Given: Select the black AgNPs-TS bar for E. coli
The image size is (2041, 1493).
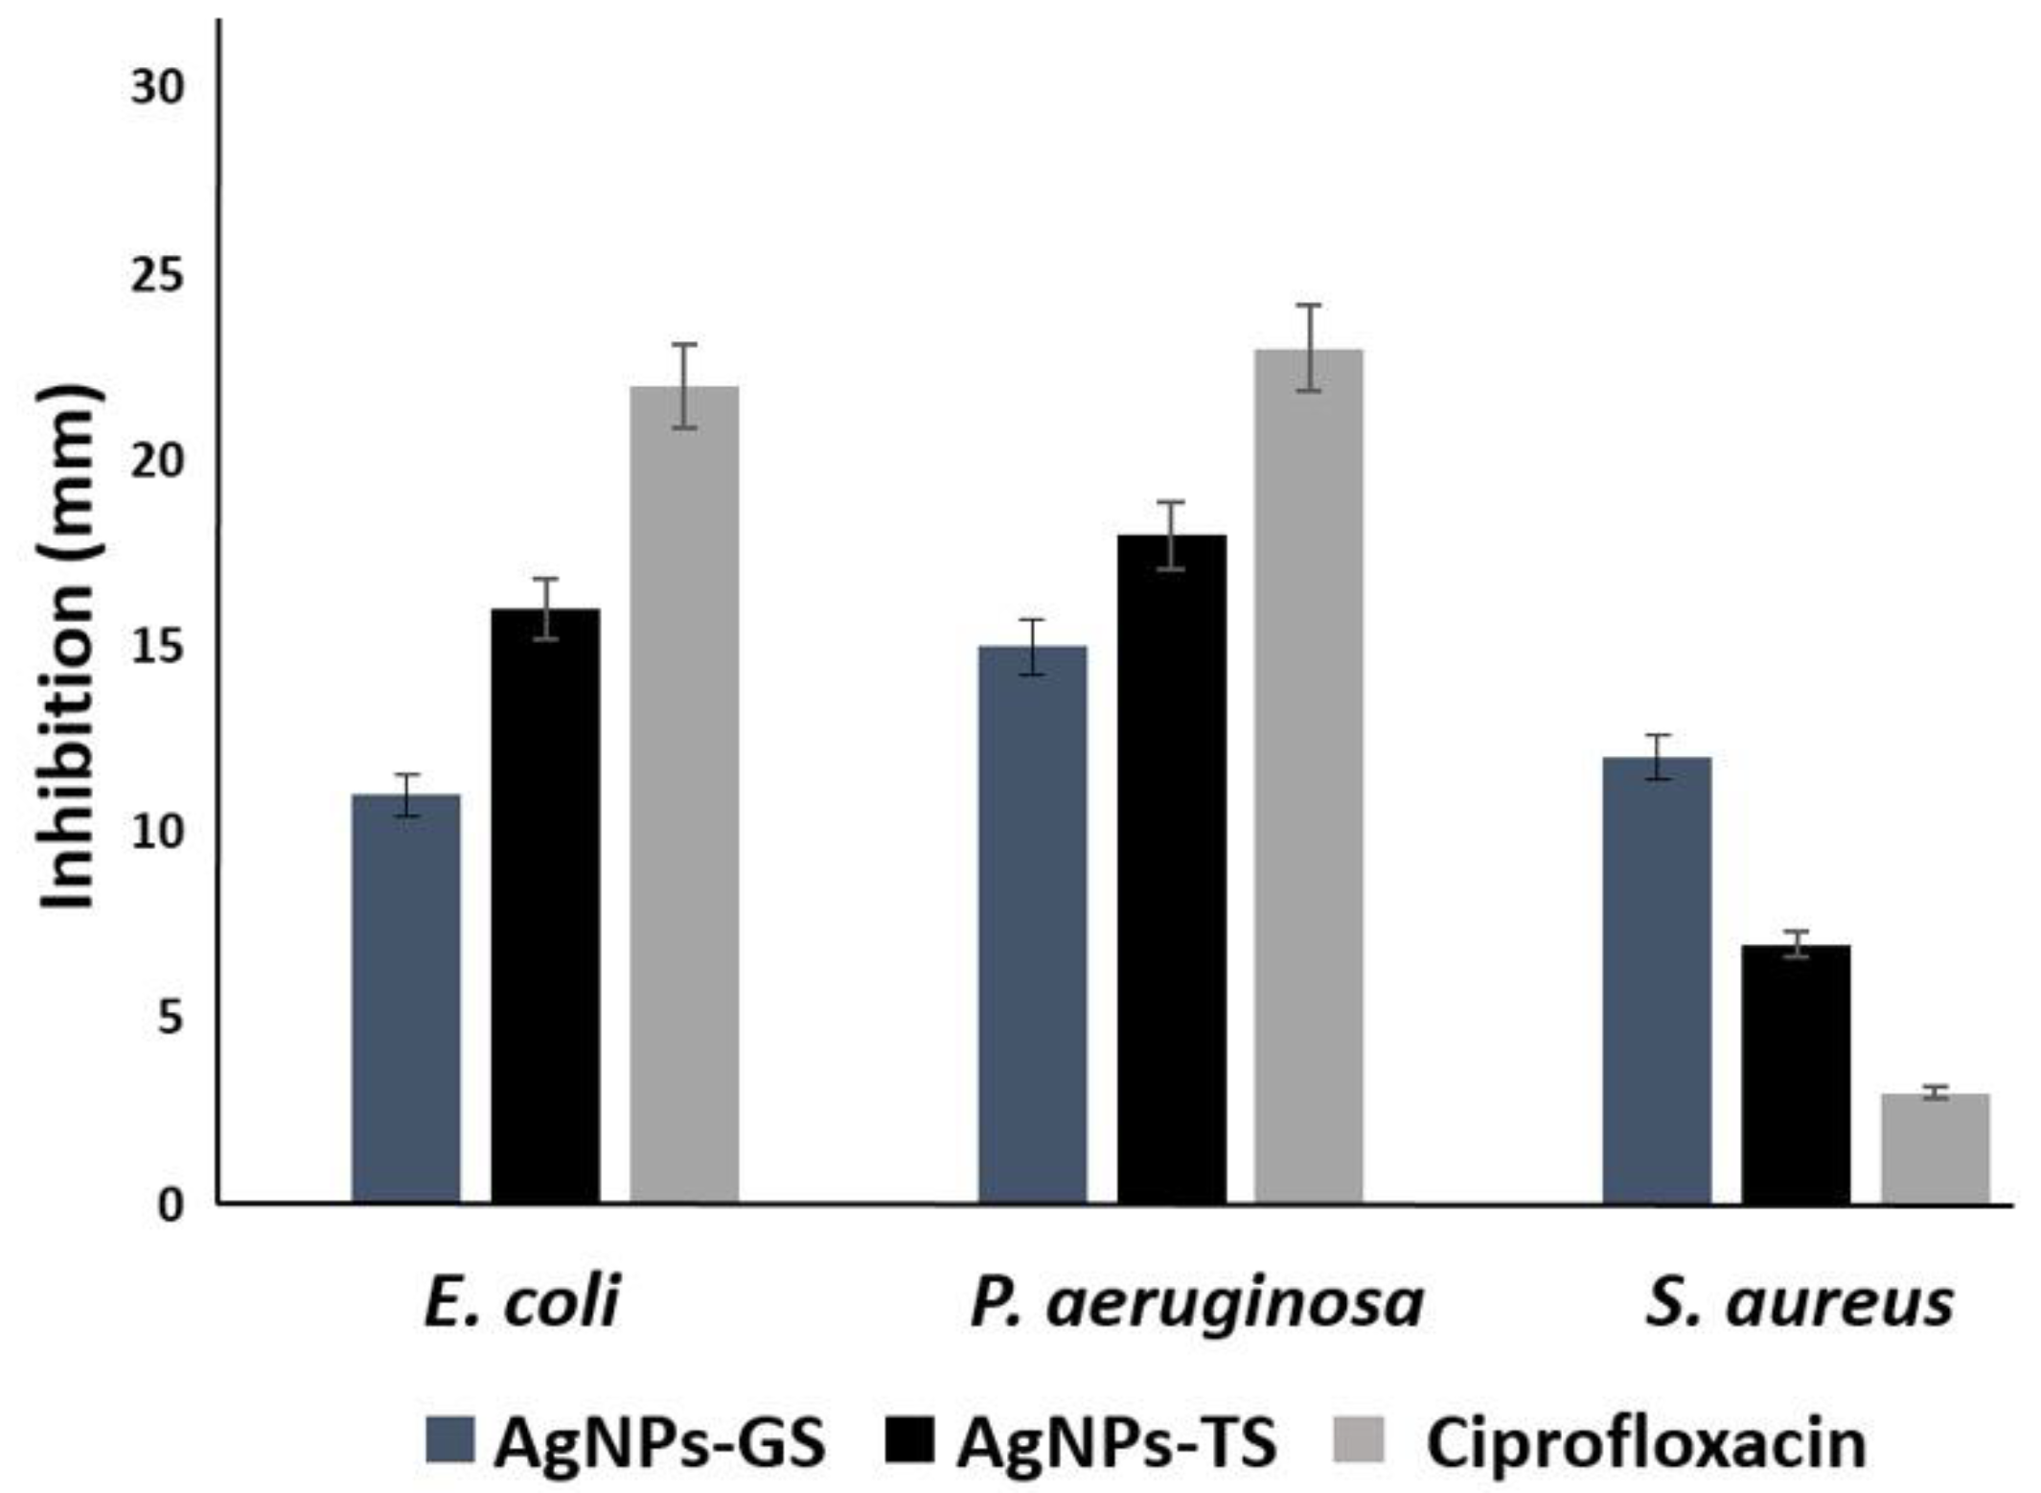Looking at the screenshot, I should pos(545,906).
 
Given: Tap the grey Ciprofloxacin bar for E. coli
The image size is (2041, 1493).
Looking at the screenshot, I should pos(684,795).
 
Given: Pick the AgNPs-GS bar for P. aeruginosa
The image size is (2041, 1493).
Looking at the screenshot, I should pos(1032,925).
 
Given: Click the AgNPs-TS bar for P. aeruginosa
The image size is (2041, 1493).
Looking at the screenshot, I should pos(1171,867).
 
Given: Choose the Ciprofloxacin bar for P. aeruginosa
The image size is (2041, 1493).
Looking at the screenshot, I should pos(1309,776).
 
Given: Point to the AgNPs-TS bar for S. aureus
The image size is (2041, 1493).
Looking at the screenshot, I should pos(1796,1073).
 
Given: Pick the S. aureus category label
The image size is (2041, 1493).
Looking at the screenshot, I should pos(1800,1303).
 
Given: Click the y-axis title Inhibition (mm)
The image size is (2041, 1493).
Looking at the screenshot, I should pos(69,647).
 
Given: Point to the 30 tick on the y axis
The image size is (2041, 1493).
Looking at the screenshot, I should pos(156,89).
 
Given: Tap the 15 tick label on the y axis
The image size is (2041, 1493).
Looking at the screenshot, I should pos(156,648).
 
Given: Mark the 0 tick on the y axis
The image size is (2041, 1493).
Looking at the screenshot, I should pos(169,1206).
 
